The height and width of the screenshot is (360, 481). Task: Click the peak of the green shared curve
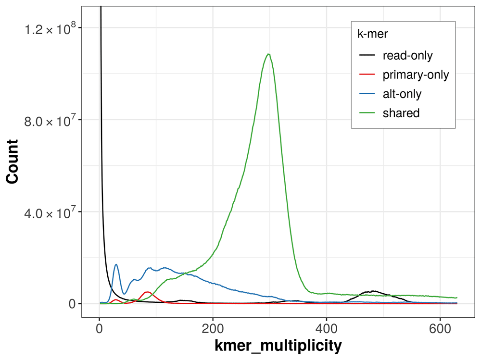click(268, 54)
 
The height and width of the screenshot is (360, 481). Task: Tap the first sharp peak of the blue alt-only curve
click(116, 264)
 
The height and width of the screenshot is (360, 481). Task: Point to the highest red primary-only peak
click(148, 292)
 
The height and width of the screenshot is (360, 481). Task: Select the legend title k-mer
click(370, 34)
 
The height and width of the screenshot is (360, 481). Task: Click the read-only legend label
click(407, 56)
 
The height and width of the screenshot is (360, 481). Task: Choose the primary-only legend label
click(416, 75)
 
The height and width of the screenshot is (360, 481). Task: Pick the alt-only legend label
click(402, 94)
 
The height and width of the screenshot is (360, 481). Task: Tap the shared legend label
click(401, 113)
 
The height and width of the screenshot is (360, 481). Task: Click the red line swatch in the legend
click(367, 75)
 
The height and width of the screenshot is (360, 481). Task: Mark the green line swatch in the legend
click(367, 113)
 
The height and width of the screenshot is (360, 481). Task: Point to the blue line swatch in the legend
click(367, 94)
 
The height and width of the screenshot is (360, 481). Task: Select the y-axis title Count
click(13, 161)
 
